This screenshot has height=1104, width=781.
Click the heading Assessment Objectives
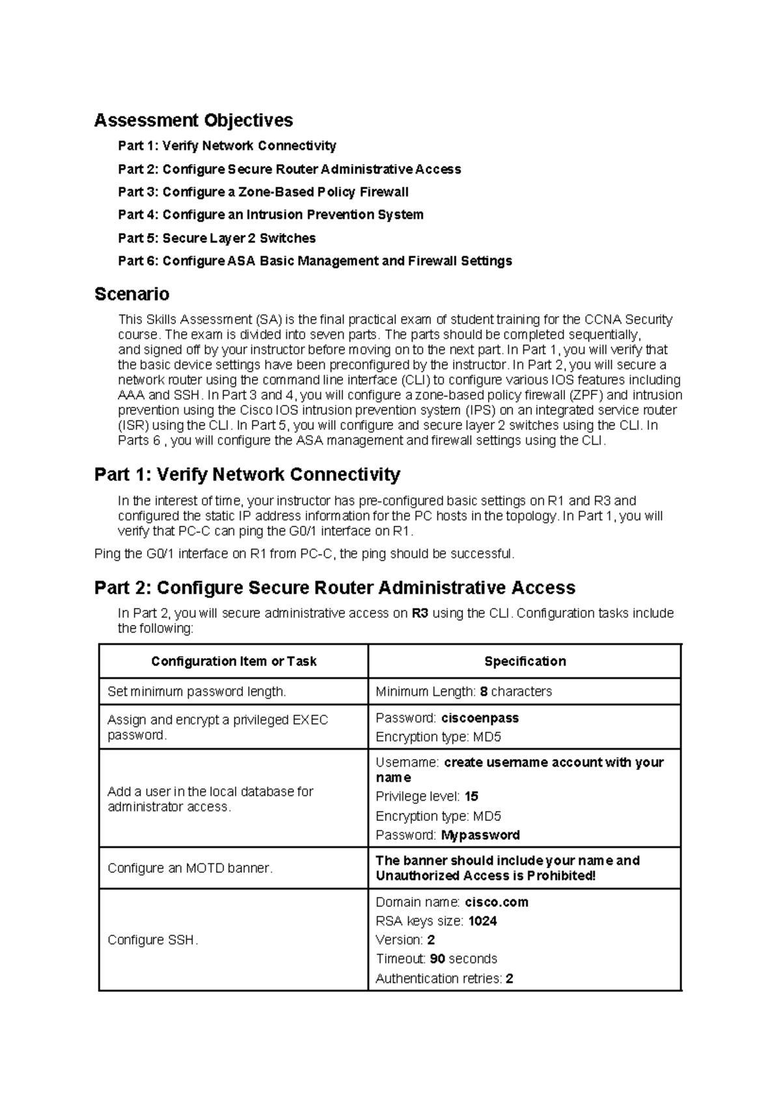[193, 120]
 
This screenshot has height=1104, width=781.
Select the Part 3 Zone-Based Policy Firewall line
[263, 192]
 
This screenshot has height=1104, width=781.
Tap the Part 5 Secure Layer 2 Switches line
[217, 238]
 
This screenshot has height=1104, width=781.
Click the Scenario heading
[131, 294]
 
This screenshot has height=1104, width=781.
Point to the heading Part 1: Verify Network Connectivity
[247, 475]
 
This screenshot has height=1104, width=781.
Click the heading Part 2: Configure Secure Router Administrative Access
[335, 588]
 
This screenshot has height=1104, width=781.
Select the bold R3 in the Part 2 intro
[420, 613]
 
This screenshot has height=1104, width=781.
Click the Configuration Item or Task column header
[234, 661]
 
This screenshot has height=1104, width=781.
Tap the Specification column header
[525, 661]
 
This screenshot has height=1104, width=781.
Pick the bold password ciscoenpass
[480, 718]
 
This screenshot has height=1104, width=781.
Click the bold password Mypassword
[480, 835]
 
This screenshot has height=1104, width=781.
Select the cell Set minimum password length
[197, 691]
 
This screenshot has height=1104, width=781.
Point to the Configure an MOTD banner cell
[190, 868]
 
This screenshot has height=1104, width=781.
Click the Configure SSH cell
[152, 940]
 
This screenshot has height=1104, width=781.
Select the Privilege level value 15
[471, 797]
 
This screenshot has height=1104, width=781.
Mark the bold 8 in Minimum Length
[484, 691]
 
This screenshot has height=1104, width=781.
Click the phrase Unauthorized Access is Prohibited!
[486, 876]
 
